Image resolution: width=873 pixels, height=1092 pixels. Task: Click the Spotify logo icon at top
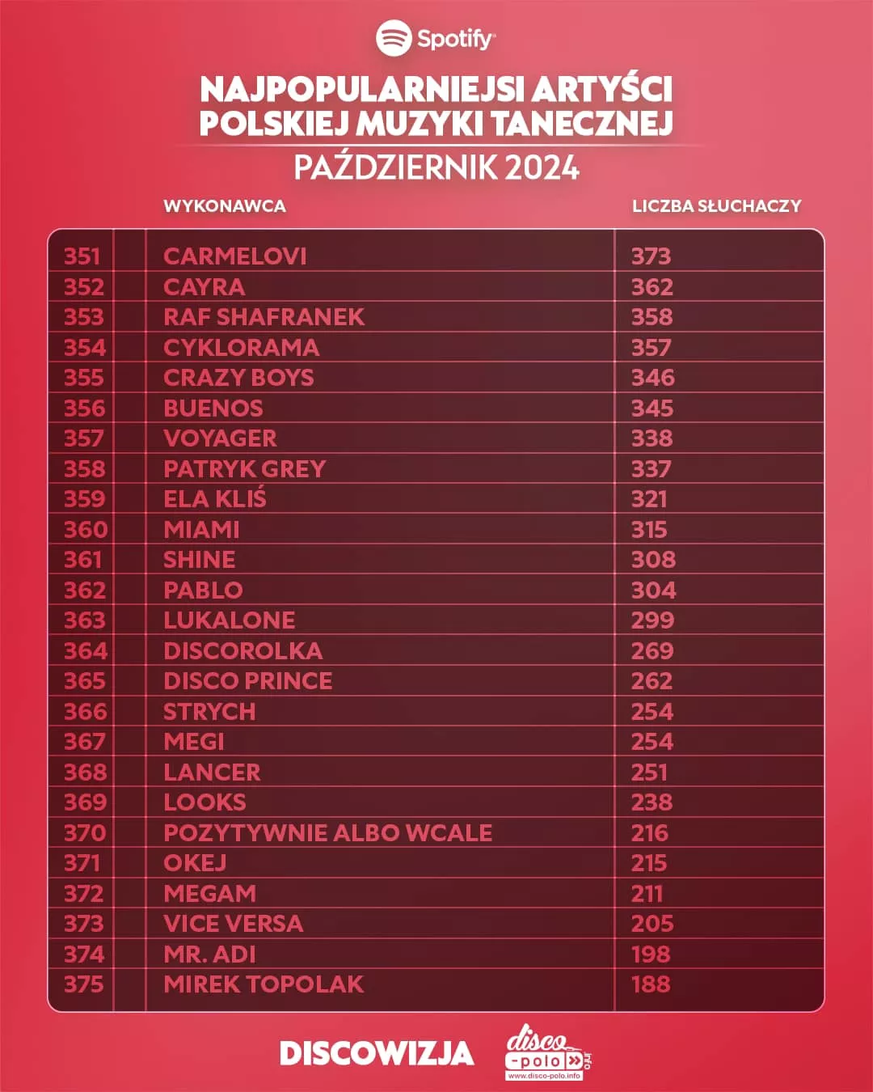tap(394, 38)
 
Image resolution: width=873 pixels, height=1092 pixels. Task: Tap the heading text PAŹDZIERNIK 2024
tap(436, 167)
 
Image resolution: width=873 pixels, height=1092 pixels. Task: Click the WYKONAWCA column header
tap(225, 206)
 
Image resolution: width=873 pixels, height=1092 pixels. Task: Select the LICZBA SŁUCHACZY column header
tap(716, 206)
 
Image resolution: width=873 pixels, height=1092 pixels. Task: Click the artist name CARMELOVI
tap(235, 256)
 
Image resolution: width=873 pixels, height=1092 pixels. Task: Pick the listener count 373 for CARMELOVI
tap(651, 256)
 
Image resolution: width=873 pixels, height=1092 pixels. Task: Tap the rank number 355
tap(84, 378)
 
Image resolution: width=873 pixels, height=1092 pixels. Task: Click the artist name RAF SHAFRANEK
tap(264, 317)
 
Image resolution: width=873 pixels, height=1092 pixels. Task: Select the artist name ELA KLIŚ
tap(215, 499)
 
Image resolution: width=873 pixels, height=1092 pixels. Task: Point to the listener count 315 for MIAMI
tap(649, 530)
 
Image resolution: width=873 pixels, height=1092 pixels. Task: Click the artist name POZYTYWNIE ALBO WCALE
tap(327, 833)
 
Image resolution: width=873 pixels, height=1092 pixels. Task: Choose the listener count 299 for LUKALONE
tap(652, 620)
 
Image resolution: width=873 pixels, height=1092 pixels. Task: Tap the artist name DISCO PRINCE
tap(247, 681)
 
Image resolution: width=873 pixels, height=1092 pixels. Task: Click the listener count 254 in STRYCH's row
tap(652, 712)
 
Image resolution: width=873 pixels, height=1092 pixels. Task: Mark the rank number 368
tap(84, 772)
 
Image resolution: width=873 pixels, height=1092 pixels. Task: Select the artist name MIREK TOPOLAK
tap(264, 984)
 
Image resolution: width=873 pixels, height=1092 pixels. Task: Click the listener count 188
tap(651, 984)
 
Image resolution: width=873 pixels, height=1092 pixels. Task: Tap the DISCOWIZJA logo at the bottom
tap(377, 1053)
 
